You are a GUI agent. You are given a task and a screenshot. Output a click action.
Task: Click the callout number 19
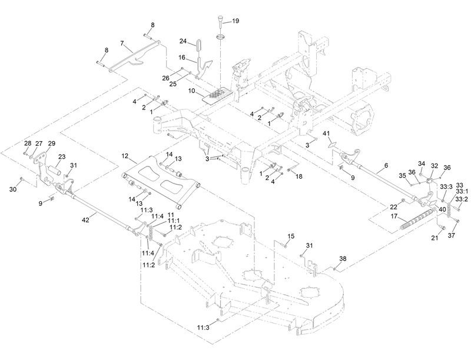point(236,21)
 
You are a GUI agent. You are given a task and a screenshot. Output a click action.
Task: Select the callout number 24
point(183,41)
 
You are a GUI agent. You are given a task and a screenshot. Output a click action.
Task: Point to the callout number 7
point(122,44)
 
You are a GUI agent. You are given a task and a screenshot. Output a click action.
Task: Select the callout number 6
point(386,166)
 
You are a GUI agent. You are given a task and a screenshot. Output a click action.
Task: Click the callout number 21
point(435,238)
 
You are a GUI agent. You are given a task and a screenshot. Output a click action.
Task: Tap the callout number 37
point(452,235)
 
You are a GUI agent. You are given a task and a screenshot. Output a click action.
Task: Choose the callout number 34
point(422,164)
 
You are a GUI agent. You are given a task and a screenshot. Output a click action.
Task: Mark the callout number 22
point(393,206)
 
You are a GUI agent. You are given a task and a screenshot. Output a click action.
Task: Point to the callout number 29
point(52,144)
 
